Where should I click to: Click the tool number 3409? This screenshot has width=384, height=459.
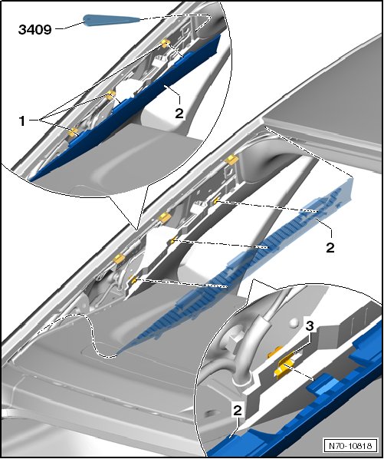[34, 30]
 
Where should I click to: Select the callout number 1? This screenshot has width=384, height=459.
[22, 121]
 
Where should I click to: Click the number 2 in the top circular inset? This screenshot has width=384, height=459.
[179, 114]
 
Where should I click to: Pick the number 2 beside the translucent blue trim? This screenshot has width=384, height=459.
[330, 248]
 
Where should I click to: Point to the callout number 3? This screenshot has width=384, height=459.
[310, 326]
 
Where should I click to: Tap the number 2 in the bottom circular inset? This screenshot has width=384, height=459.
[238, 410]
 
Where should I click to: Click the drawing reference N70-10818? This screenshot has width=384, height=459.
[350, 446]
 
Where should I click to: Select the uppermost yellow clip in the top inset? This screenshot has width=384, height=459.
[166, 44]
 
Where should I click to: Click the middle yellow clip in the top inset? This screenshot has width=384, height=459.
[110, 94]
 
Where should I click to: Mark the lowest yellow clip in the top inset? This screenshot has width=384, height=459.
[73, 132]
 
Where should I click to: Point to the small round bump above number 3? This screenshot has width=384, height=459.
[294, 323]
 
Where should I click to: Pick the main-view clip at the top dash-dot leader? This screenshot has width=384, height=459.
[217, 200]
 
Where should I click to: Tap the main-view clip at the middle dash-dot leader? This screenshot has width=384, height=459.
[172, 240]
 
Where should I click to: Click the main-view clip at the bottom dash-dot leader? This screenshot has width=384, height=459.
[133, 280]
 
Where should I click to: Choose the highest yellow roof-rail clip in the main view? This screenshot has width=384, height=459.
[231, 159]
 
